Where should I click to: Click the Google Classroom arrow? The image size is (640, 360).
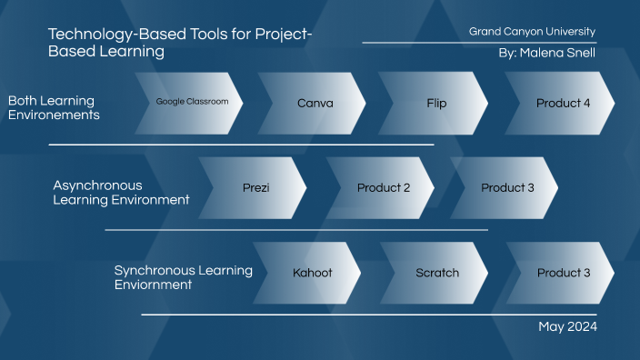tap(198, 103)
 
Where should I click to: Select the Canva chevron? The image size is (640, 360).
tap(315, 103)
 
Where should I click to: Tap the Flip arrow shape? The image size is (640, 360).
tap(436, 103)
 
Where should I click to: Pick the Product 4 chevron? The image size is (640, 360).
tap(563, 103)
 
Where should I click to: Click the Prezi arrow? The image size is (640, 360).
tap(256, 188)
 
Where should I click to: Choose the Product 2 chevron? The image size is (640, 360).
tap(383, 188)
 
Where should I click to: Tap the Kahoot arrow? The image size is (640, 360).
tap(312, 273)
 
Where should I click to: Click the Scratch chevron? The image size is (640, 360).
tap(437, 273)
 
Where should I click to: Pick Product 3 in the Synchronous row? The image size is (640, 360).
tap(564, 273)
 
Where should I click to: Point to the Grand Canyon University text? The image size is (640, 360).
tap(532, 32)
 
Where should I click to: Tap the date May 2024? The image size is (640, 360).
tap(567, 326)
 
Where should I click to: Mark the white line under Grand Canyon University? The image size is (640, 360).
tap(479, 43)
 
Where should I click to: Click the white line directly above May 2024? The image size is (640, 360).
tap(368, 315)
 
